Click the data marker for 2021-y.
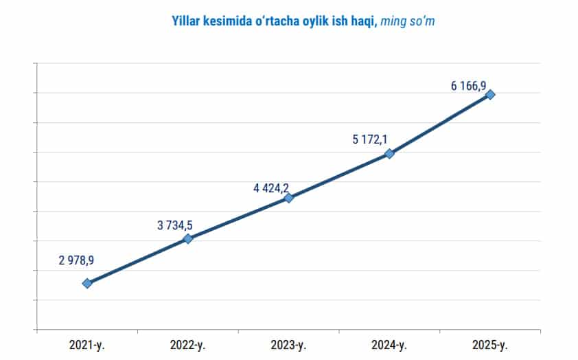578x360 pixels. point(87,283)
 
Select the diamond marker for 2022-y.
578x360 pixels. point(188,239)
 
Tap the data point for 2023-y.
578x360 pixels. point(289,198)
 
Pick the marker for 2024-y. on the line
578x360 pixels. point(389,154)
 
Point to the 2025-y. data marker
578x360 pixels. point(490,95)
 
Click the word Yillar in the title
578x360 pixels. point(187,21)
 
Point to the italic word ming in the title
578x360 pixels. point(393,21)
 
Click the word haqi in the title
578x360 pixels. point(362,21)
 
